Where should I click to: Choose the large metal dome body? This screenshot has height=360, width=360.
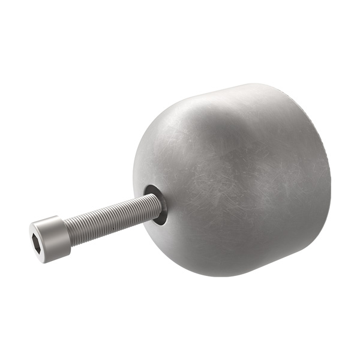pos(240,180)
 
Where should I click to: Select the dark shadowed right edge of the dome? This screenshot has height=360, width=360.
pos(327,180)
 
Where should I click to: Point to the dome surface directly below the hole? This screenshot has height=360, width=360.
pos(174,246)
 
